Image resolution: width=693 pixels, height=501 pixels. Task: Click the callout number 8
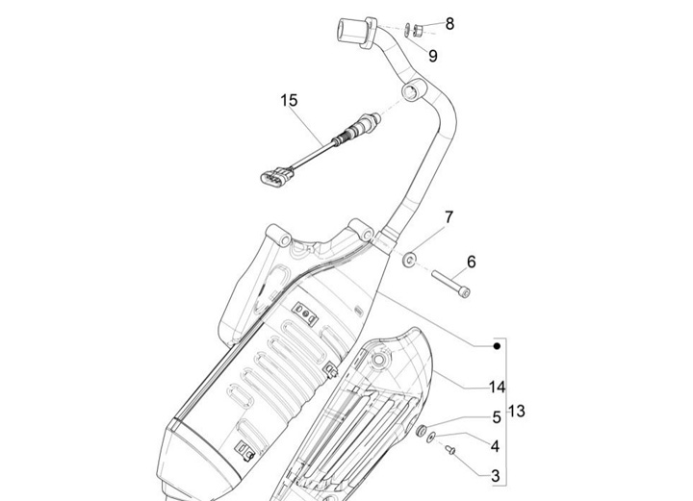(450, 23)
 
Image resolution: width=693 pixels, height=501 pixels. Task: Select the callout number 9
(433, 56)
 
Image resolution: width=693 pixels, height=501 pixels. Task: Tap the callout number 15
(290, 100)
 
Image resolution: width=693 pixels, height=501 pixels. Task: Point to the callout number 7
(449, 217)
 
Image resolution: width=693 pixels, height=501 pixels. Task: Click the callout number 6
(472, 262)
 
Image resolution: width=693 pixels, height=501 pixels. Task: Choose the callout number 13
(517, 411)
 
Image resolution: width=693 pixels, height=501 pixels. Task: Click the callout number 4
(495, 446)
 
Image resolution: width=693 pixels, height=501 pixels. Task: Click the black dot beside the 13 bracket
(496, 345)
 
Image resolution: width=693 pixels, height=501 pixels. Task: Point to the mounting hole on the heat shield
(382, 362)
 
